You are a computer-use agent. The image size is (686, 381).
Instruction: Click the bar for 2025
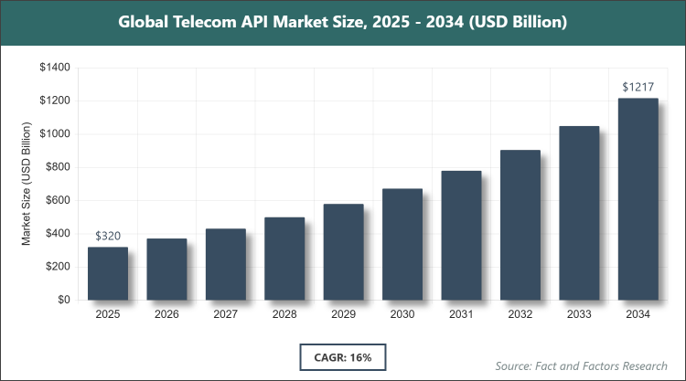(x=108, y=273)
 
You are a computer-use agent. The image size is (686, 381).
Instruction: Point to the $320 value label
(x=108, y=236)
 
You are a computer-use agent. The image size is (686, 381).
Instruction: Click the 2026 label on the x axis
(x=166, y=315)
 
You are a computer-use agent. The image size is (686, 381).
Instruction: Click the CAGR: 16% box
(x=343, y=355)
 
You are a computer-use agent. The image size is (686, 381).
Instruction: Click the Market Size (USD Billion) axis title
(x=28, y=184)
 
